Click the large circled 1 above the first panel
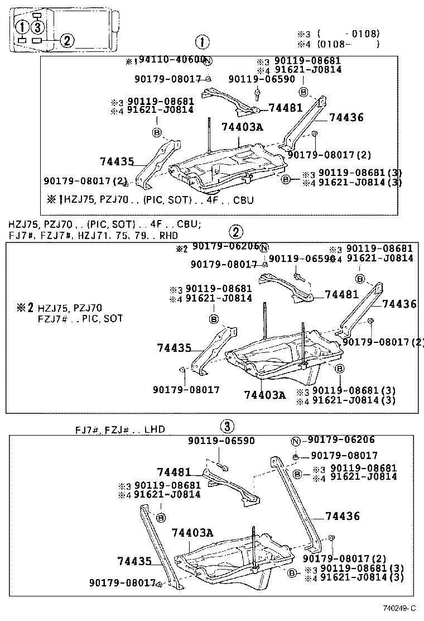pyautogui.click(x=202, y=42)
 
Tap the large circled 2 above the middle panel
pyautogui.click(x=236, y=232)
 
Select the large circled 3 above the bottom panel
pyautogui.click(x=226, y=427)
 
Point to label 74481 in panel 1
pyautogui.click(x=285, y=108)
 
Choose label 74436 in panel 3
pyautogui.click(x=343, y=517)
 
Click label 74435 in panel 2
pyautogui.click(x=174, y=348)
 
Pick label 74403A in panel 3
pyautogui.click(x=192, y=533)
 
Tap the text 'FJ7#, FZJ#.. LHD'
pyautogui.click(x=121, y=431)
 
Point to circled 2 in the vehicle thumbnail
pyautogui.click(x=66, y=40)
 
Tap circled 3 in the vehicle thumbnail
pyautogui.click(x=37, y=27)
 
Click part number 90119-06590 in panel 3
pyautogui.click(x=221, y=441)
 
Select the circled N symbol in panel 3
pyautogui.click(x=296, y=441)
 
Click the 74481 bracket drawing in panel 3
pyautogui.click(x=232, y=486)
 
